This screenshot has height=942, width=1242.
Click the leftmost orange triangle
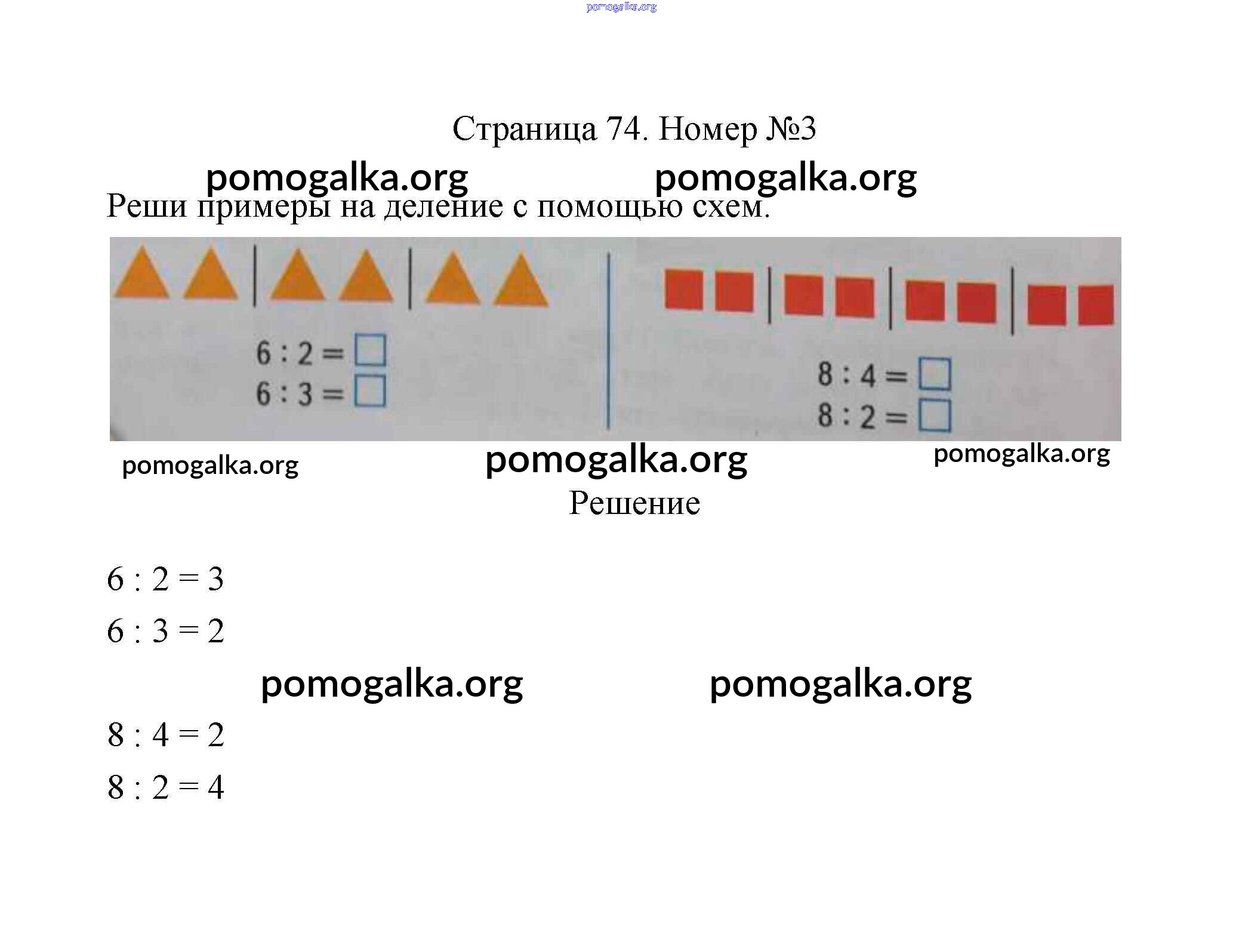point(142,276)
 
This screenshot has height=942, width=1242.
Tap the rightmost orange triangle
point(522,284)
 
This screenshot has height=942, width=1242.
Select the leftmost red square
point(683,290)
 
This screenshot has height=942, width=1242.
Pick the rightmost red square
point(1096,305)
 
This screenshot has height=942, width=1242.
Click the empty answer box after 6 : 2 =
point(370,350)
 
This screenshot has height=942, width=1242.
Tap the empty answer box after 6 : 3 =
point(370,392)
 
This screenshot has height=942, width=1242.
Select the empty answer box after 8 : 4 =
point(935,374)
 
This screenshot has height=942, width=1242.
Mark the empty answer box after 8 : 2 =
point(935,415)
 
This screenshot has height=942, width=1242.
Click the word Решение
point(634,503)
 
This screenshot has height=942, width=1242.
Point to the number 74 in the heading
point(623,128)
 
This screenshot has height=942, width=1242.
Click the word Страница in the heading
point(525,130)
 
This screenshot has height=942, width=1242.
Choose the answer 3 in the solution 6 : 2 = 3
point(215,579)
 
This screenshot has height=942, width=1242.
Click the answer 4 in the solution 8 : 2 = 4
point(215,787)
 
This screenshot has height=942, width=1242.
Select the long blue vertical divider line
point(608,341)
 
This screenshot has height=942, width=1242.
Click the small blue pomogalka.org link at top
point(621,7)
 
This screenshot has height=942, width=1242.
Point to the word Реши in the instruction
point(147,207)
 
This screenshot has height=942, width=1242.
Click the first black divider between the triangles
point(255,275)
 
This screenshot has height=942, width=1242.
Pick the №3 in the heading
point(791,128)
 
